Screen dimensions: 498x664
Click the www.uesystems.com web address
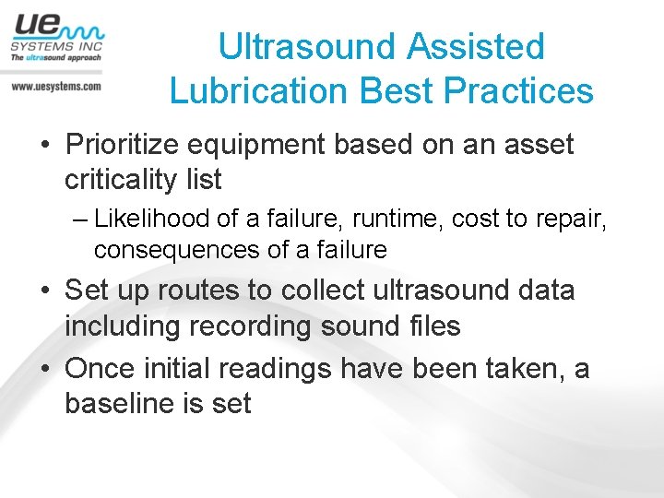(x=55, y=86)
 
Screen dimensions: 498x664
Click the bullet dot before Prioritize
(x=44, y=146)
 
